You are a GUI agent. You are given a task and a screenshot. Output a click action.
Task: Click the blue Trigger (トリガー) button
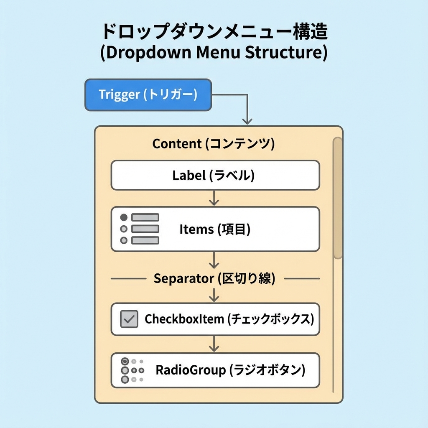click(x=148, y=95)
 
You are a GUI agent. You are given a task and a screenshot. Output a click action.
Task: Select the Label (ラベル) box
click(x=215, y=175)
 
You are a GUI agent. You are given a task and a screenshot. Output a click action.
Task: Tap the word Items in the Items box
click(x=196, y=229)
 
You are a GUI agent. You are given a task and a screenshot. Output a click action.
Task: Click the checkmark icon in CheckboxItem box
click(x=129, y=319)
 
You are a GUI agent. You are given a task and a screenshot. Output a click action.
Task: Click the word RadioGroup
click(x=191, y=370)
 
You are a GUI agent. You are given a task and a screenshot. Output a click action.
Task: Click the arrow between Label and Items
click(x=214, y=198)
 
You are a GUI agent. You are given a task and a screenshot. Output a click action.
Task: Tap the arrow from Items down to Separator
click(x=214, y=261)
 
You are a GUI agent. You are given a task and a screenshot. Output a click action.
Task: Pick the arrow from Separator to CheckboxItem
click(x=214, y=295)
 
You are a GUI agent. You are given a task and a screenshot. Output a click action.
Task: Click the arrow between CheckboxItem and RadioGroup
click(x=214, y=344)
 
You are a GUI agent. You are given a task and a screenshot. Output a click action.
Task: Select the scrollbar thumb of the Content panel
click(x=337, y=199)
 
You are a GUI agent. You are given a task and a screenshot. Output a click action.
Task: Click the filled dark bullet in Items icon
click(x=123, y=217)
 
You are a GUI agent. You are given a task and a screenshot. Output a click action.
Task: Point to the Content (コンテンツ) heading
click(x=213, y=144)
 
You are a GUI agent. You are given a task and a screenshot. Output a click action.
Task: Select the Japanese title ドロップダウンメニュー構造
click(x=214, y=32)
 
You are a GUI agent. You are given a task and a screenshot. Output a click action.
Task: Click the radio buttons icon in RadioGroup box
click(x=132, y=370)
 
